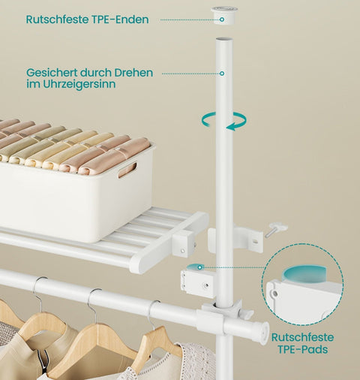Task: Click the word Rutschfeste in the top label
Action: point(56,20)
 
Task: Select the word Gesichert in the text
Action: point(52,73)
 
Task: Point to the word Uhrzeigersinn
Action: point(79,84)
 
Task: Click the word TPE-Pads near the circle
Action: point(303,349)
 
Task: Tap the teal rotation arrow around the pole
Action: point(224,121)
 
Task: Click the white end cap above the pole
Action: point(223,16)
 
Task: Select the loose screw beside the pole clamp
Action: point(275,231)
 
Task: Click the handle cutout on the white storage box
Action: point(127,170)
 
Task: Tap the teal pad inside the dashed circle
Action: point(304,275)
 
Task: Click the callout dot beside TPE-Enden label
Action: point(222,20)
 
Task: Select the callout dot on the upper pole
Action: point(222,74)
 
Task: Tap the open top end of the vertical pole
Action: point(224,40)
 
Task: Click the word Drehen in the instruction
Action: point(133,73)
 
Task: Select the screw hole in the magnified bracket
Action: point(275,293)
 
